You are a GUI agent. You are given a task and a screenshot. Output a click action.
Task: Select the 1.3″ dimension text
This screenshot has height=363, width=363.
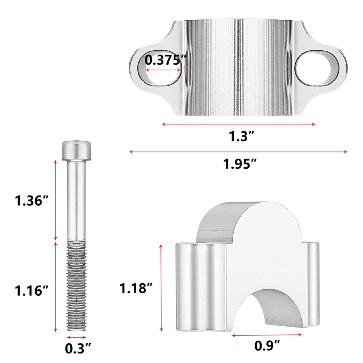(x=238, y=137)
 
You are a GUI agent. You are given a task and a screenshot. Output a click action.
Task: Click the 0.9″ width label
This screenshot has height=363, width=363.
(x=267, y=345)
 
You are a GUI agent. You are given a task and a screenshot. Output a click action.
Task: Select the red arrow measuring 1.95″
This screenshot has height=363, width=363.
(x=238, y=152)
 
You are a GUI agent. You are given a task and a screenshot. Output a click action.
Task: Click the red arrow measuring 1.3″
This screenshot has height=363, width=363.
(x=238, y=124)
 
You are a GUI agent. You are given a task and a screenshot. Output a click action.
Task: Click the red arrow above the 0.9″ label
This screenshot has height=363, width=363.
(x=267, y=335)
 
